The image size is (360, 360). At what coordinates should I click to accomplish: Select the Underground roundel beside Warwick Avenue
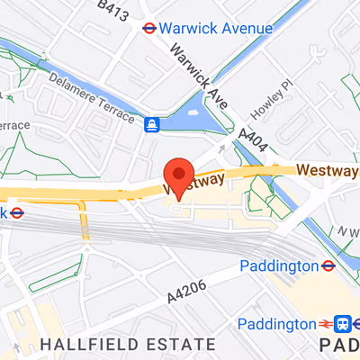(149, 27)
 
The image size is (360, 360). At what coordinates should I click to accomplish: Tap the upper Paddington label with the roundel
(279, 265)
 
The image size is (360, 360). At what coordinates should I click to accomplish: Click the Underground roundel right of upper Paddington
(328, 265)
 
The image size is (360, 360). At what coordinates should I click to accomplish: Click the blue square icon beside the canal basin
(153, 123)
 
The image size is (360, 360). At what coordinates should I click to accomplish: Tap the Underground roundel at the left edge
(16, 213)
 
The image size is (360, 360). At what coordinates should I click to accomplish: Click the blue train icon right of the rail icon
(343, 323)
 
